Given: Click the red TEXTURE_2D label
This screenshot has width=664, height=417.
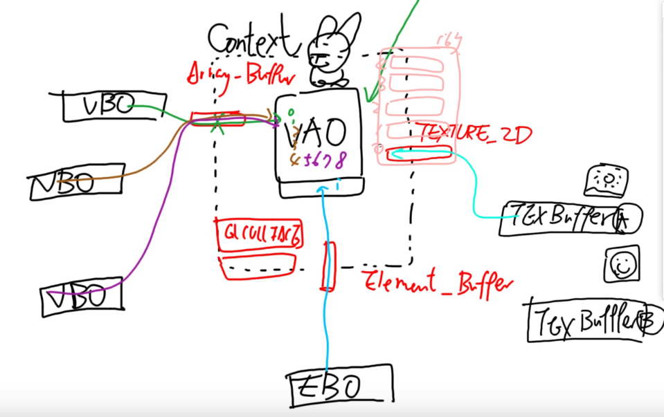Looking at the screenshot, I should (474, 133).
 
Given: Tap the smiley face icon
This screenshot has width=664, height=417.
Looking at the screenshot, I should (621, 263).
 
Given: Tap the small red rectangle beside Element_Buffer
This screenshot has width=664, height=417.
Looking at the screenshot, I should (327, 266).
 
